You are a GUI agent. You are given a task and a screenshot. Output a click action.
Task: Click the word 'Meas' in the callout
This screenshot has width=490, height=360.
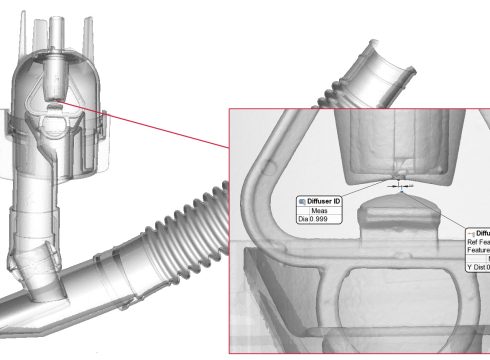coord(321,211)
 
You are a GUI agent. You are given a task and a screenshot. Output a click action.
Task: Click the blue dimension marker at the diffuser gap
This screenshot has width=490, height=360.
coord(398,185)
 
